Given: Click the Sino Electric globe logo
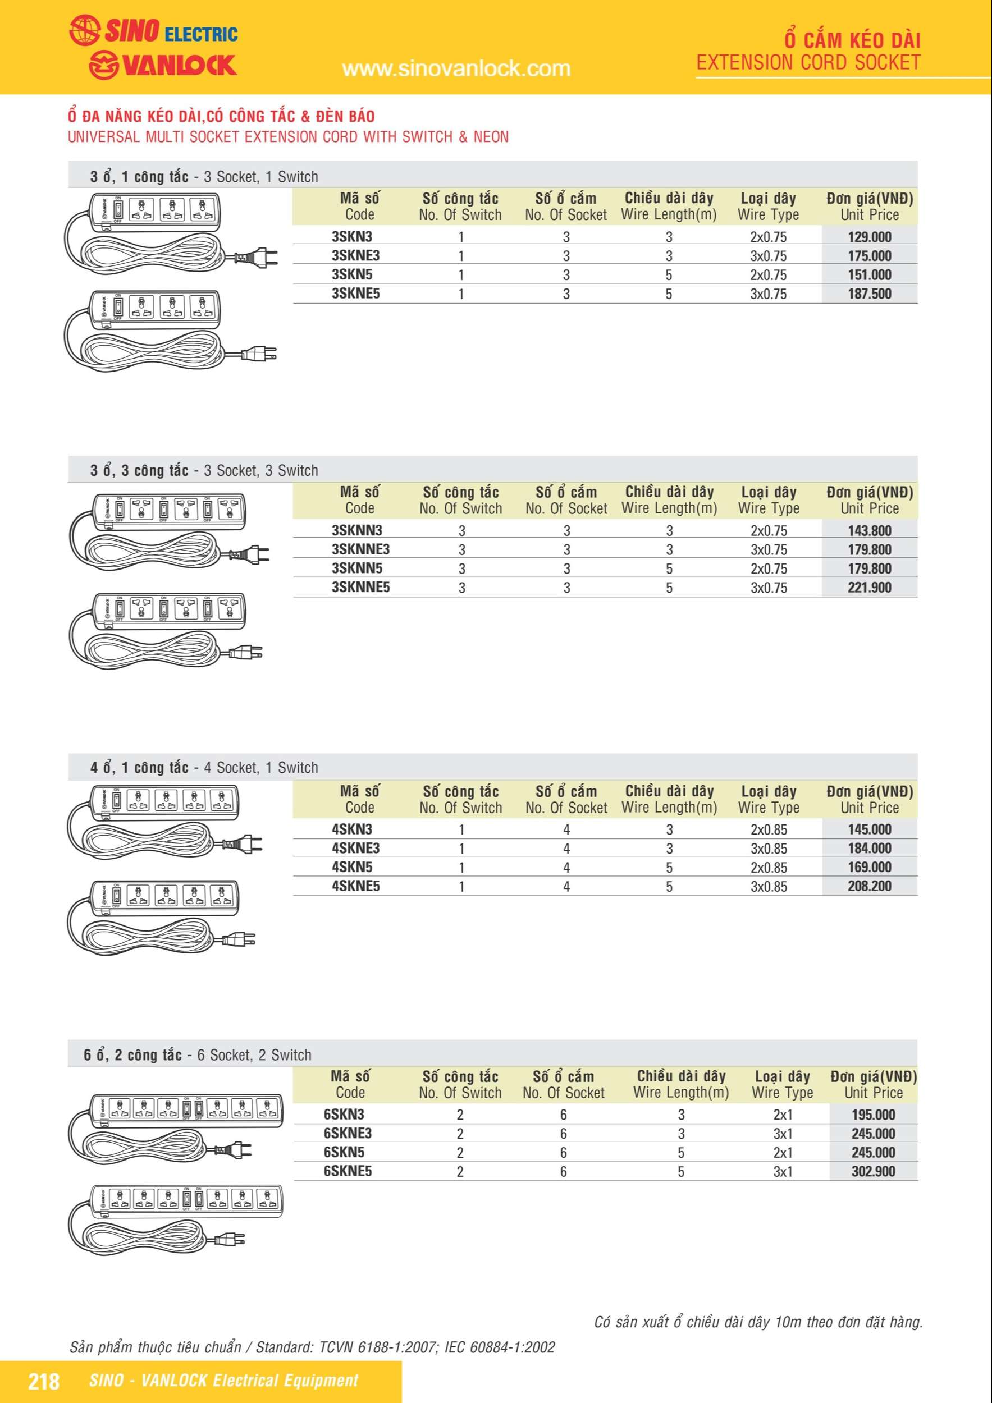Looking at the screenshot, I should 84,30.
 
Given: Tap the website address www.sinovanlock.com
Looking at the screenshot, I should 456,68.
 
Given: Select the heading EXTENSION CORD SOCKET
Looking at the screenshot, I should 808,62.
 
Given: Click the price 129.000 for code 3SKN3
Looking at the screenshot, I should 869,237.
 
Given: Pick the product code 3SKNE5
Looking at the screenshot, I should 356,294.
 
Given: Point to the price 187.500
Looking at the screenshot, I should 869,294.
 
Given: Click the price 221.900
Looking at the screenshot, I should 869,587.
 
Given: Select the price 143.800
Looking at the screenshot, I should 869,530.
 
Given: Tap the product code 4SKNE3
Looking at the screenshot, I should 356,848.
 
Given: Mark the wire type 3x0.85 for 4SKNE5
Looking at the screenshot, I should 769,886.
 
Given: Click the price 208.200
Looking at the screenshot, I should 869,886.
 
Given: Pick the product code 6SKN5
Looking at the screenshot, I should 344,1153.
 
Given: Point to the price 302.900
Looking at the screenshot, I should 873,1171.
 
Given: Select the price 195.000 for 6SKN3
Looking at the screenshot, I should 873,1115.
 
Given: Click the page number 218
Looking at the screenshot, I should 44,1381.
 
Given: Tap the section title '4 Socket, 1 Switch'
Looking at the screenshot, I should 261,768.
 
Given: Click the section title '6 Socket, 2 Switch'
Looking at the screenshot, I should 254,1054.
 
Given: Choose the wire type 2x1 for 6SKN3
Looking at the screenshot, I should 783,1115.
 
